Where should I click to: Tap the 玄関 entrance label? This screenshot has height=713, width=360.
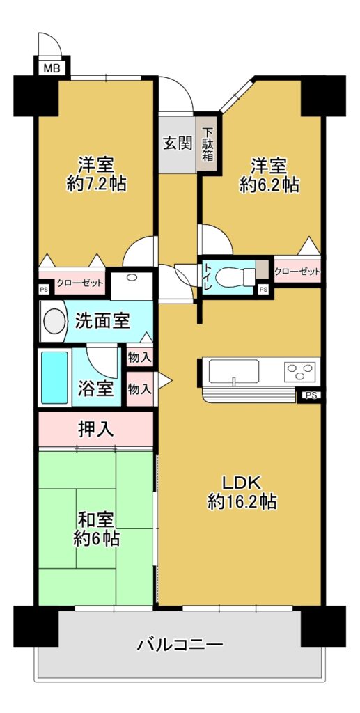[x=178, y=143]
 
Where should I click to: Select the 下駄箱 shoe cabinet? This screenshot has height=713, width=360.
[x=208, y=144]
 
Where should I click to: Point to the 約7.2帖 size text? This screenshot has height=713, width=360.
[x=95, y=184]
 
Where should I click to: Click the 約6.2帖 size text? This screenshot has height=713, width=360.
[x=269, y=184]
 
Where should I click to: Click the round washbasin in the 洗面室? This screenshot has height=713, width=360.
[x=54, y=321]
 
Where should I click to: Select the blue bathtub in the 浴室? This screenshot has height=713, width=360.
[x=54, y=377]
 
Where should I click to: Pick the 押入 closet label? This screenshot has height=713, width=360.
[x=96, y=429]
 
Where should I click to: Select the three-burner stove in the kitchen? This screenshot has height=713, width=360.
[x=300, y=370]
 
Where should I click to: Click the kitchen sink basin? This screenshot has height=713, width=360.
[x=234, y=372]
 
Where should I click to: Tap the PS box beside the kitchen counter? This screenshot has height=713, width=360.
[x=310, y=395]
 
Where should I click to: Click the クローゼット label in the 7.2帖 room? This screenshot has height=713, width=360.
[x=79, y=283]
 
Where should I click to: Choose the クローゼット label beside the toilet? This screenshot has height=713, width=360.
[x=297, y=272]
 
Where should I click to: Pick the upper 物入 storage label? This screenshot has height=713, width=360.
[x=139, y=357]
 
